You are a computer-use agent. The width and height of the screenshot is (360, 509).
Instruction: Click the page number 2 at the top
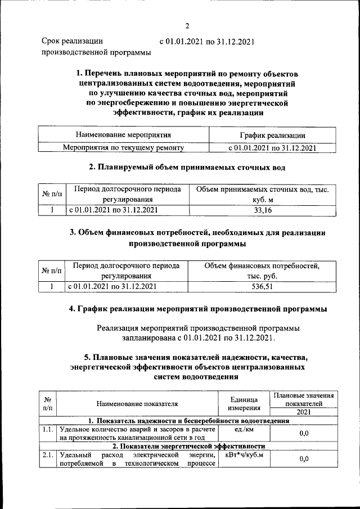[187, 25]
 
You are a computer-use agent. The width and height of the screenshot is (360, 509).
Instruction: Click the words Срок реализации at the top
[73, 41]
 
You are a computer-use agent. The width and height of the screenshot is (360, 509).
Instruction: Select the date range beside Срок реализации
[207, 41]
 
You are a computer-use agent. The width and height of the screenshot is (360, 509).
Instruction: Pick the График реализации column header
[272, 135]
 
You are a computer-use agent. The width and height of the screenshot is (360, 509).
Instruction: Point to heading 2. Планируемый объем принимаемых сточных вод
[187, 167]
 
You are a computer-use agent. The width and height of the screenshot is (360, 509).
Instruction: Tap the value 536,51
[262, 286]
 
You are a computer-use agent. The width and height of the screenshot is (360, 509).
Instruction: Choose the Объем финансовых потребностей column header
[262, 271]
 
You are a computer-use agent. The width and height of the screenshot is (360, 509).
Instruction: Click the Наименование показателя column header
[137, 403]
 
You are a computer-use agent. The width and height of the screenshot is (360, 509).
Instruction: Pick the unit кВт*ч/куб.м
[244, 454]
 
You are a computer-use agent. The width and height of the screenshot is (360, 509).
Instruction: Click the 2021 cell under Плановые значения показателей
[304, 412]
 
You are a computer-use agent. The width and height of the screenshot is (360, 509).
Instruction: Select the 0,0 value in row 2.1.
[304, 459]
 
